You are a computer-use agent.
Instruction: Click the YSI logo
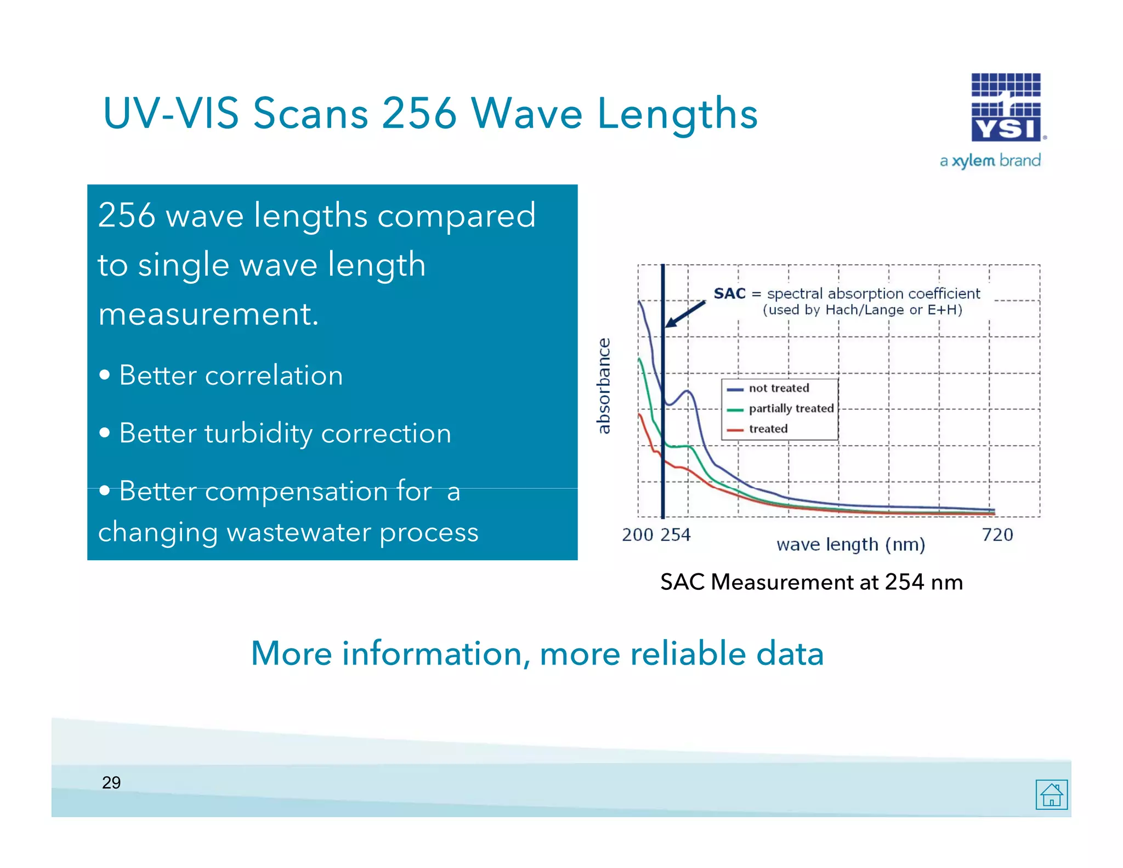point(1006,108)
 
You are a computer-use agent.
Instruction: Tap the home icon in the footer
point(1051,794)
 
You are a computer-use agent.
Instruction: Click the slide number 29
point(111,782)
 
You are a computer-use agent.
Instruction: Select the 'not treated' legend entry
point(778,388)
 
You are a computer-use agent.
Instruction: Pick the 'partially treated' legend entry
point(790,409)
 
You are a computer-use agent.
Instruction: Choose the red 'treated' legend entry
point(768,429)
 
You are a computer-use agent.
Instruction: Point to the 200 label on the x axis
point(637,535)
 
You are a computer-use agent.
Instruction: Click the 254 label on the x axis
point(676,535)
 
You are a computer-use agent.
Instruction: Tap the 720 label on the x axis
point(997,535)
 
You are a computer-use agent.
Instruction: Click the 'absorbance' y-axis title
point(603,386)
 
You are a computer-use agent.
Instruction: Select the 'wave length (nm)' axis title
point(850,545)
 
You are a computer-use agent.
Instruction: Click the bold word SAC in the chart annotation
point(729,294)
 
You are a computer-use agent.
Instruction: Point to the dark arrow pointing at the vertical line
point(685,314)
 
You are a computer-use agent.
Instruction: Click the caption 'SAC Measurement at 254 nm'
point(811,582)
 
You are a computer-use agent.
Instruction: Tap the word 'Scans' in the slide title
point(310,114)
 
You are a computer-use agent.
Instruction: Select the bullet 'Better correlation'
point(231,376)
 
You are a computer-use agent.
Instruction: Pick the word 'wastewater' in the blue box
point(298,533)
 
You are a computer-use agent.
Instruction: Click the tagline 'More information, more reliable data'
point(537,653)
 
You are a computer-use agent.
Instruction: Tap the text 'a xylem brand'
point(990,161)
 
